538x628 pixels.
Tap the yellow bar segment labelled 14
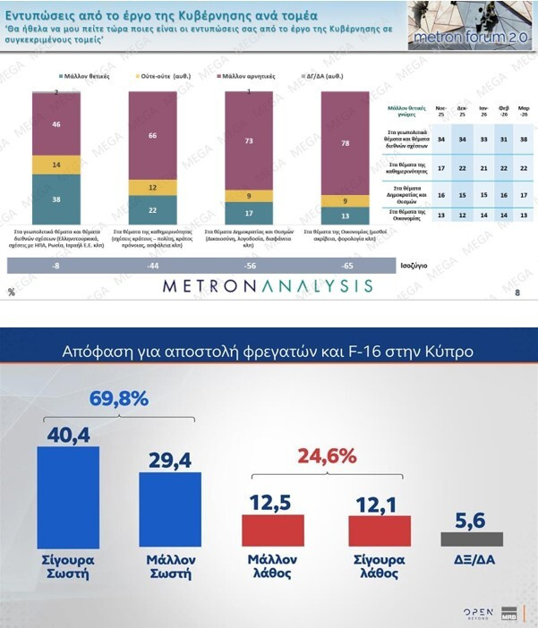tap(56, 165)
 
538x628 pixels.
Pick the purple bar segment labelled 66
tap(152, 135)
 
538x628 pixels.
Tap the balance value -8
tap(56, 266)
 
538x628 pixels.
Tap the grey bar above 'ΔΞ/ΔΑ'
tap(472, 539)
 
